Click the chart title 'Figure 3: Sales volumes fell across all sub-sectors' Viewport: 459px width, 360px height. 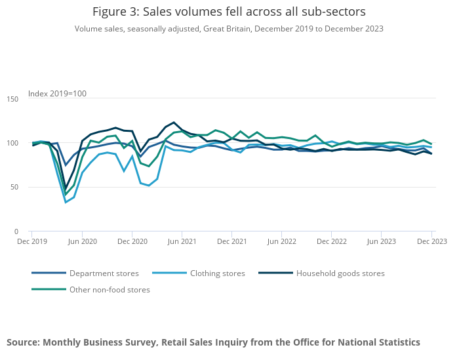[x=229, y=12]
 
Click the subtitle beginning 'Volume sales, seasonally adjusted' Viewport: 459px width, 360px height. [x=229, y=29]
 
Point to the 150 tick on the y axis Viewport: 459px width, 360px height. [x=12, y=99]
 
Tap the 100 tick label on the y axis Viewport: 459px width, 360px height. [x=12, y=143]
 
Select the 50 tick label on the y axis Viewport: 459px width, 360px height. [x=14, y=187]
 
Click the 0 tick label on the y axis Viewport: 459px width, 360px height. [x=16, y=231]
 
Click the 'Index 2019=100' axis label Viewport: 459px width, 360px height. [x=57, y=94]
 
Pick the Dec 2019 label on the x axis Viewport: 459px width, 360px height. [x=32, y=241]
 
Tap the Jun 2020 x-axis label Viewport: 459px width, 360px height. [x=82, y=241]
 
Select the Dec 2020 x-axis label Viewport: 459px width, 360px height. [x=132, y=241]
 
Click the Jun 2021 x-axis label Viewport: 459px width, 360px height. [x=182, y=241]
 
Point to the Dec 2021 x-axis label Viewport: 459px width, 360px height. [x=232, y=241]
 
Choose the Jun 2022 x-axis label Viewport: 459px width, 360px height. [x=281, y=241]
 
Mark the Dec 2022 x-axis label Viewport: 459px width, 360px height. [x=332, y=241]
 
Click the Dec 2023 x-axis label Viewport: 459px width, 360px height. [x=431, y=241]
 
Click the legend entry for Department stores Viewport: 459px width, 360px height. [x=85, y=273]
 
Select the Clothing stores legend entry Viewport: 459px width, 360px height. [x=199, y=273]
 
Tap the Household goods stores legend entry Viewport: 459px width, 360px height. [x=322, y=273]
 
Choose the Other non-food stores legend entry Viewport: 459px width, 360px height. [x=90, y=290]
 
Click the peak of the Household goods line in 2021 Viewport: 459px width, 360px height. [x=174, y=123]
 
